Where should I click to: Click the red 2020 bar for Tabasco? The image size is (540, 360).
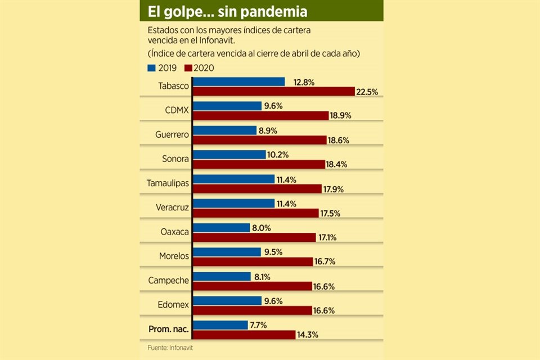pos(274,92)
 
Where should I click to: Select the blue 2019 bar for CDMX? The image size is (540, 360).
pos(227,106)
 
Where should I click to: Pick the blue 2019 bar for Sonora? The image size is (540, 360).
pos(229,154)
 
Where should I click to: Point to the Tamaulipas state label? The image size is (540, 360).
pos(168,183)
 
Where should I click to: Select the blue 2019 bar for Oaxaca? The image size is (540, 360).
pos(222,227)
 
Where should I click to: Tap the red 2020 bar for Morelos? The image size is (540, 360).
pos(253,262)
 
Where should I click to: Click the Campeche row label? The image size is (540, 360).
pos(168,280)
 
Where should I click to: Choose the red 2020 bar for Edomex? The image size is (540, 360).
pos(253,310)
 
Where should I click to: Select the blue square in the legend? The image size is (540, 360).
pos(151,68)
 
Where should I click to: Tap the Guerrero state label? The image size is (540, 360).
pos(172,134)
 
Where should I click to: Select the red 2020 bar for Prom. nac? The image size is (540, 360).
pos(244,335)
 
